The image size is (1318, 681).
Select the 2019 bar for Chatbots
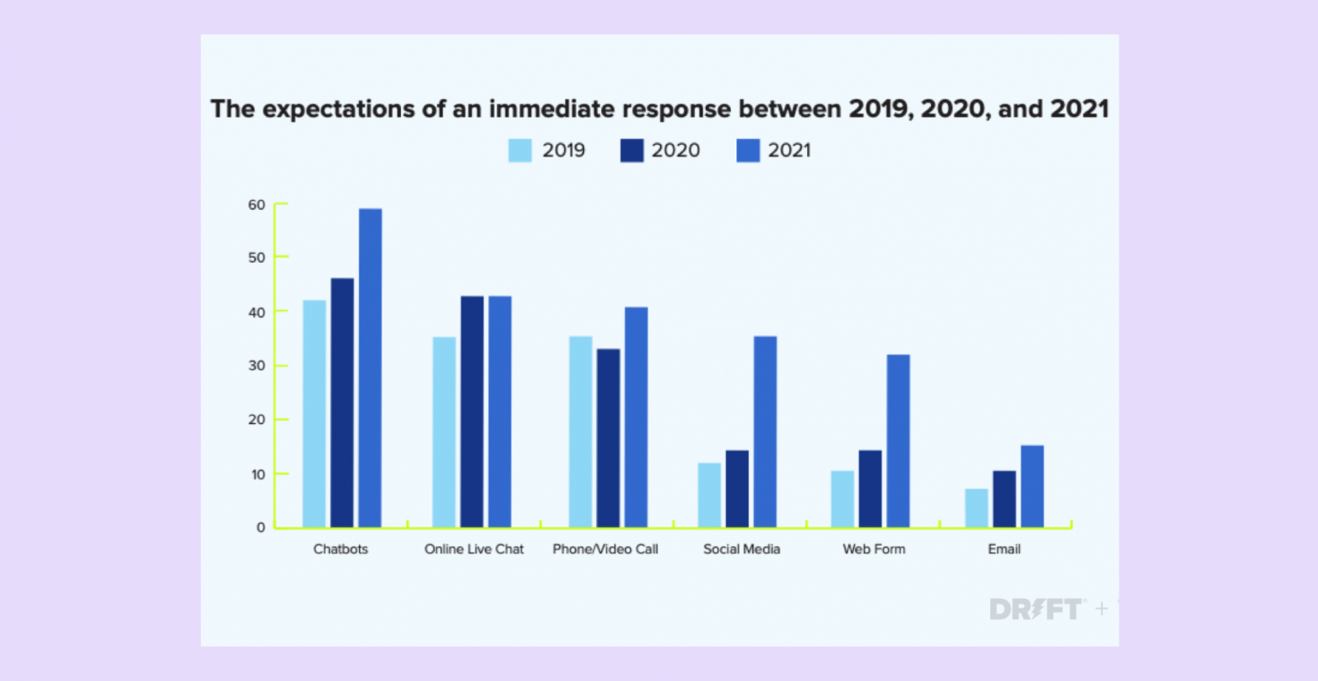tap(314, 413)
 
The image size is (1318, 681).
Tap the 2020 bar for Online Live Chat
tap(472, 412)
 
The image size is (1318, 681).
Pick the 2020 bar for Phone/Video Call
tap(608, 438)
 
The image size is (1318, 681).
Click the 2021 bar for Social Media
tap(764, 431)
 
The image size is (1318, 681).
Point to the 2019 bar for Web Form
tap(842, 499)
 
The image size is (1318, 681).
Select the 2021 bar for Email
tap(1031, 486)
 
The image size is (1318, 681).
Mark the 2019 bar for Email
tap(976, 508)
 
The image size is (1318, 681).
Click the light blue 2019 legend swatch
tap(520, 151)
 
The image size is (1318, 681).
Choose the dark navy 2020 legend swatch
tap(632, 151)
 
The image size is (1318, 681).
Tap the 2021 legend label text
tap(789, 151)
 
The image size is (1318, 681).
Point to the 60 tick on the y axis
tap(257, 205)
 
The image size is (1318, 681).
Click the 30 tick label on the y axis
tap(257, 366)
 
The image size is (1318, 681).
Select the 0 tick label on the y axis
tap(260, 527)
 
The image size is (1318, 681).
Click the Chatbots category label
tap(340, 549)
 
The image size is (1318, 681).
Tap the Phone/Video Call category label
tap(605, 549)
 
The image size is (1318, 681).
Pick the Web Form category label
tap(873, 549)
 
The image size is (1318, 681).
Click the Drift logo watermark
tap(1035, 609)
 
